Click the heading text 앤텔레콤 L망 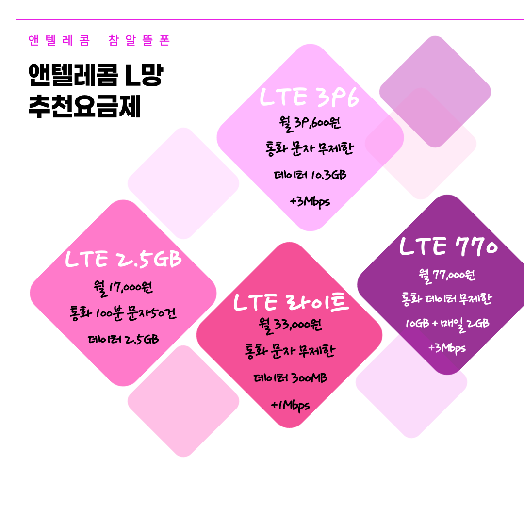point(95,76)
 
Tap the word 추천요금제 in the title point(84,107)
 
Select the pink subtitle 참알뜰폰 point(141,41)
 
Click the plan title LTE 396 point(310,97)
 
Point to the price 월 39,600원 point(310,123)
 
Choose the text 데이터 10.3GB point(310,175)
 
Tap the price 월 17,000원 point(123,288)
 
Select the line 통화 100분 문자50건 point(123,313)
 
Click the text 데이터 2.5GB point(123,339)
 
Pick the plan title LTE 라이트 point(291,302)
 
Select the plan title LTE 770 point(448,246)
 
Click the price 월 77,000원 point(447,275)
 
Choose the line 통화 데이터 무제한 point(447,299)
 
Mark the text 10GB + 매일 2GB point(447,323)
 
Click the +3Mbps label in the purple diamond point(447,348)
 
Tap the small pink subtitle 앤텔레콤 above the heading point(59,41)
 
